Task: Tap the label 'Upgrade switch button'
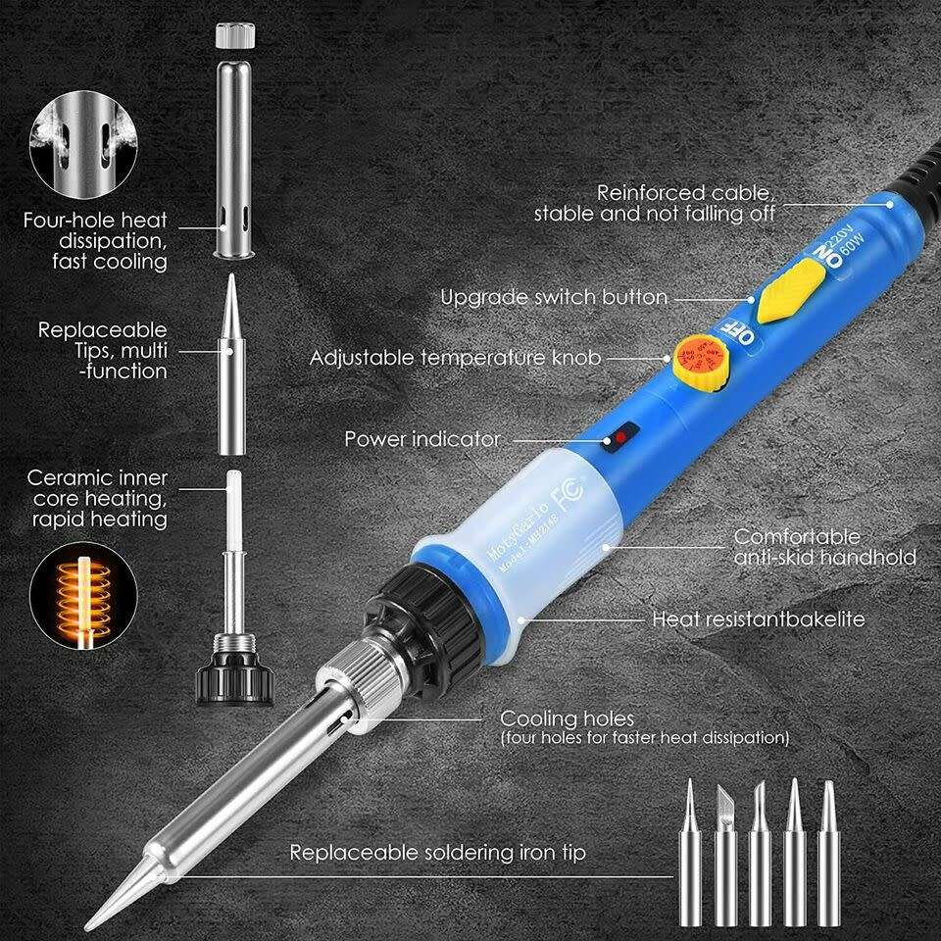pos(554,296)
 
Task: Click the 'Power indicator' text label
pos(421,438)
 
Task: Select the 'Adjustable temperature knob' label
pos(455,357)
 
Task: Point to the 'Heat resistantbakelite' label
pos(759,619)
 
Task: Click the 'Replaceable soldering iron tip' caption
pos(437,853)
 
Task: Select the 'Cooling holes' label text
pos(568,718)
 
